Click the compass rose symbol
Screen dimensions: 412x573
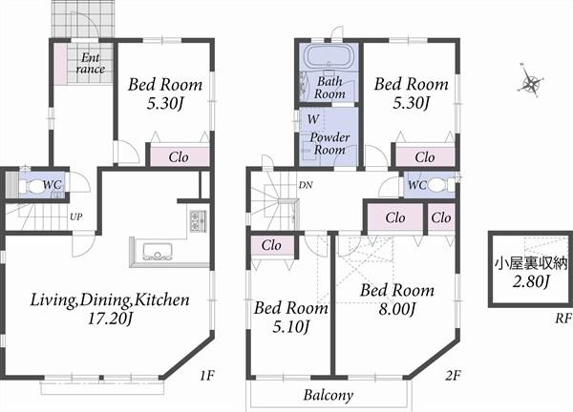(x=528, y=84)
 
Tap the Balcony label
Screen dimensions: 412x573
(x=329, y=395)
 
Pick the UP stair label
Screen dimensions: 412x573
(x=75, y=216)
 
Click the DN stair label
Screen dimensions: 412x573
(x=306, y=184)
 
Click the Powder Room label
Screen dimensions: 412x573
(x=329, y=144)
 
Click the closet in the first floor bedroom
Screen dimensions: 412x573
(x=177, y=156)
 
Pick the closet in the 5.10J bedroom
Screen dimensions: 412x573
(x=272, y=245)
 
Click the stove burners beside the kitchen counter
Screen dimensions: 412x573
(x=197, y=223)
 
